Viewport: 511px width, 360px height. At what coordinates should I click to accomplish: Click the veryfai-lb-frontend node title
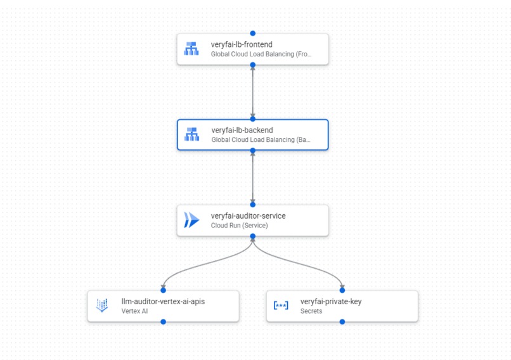242,45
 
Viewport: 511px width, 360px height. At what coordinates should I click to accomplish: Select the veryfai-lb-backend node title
242,131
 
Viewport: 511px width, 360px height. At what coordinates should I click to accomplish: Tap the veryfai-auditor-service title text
248,216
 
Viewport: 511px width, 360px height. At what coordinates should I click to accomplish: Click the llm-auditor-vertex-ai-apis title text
163,302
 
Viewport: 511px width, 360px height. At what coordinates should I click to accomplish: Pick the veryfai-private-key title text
331,302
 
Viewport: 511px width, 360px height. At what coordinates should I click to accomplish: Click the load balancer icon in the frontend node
191,49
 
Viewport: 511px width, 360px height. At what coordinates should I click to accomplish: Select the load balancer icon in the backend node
191,134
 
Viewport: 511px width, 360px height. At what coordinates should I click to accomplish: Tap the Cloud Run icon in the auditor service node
191,220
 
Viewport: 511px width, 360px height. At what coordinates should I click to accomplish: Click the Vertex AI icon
102,305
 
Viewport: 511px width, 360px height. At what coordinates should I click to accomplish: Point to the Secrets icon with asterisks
281,305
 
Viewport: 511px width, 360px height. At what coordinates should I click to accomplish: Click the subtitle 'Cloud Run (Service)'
239,226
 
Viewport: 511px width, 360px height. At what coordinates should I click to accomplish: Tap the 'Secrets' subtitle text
311,311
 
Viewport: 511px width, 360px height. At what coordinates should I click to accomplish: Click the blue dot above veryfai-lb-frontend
253,33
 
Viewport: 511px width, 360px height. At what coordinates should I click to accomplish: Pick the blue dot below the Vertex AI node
164,322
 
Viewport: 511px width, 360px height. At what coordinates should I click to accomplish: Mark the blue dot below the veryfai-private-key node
342,322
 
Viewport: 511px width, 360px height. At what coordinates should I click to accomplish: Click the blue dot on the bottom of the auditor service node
253,236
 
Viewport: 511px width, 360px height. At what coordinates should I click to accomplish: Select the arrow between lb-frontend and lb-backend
253,92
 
